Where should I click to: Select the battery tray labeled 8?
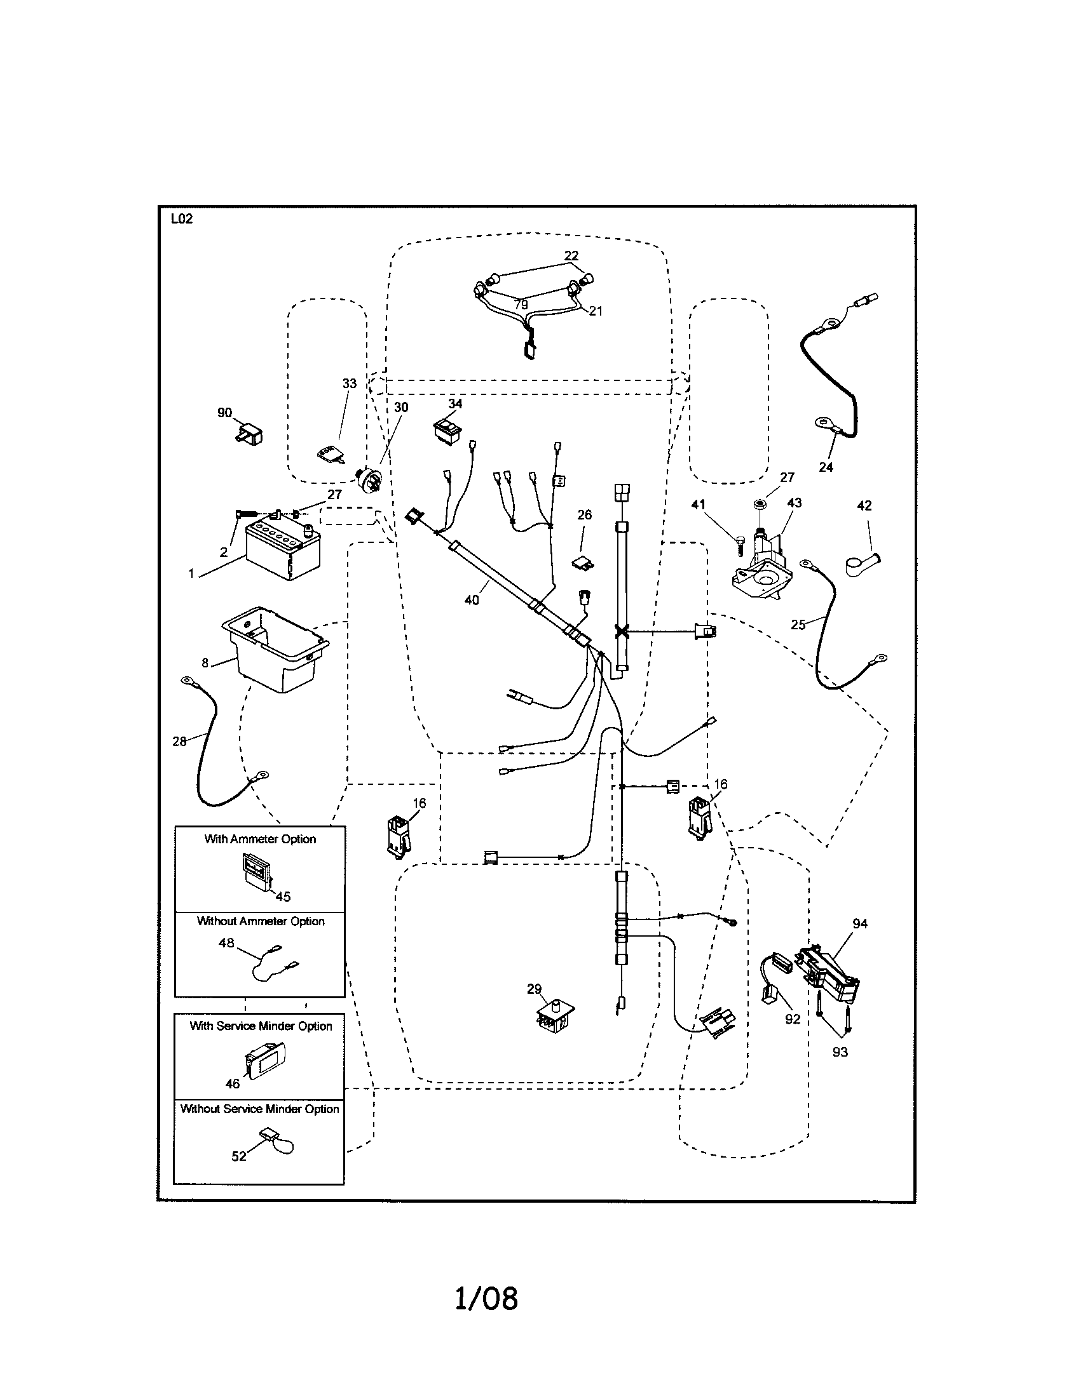tap(275, 649)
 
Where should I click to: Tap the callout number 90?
tap(225, 413)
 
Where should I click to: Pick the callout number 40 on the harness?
tap(471, 600)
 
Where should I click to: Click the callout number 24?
tap(826, 467)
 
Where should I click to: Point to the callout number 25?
tap(798, 624)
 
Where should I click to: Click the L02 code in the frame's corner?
tap(181, 219)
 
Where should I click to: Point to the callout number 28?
tap(179, 741)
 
